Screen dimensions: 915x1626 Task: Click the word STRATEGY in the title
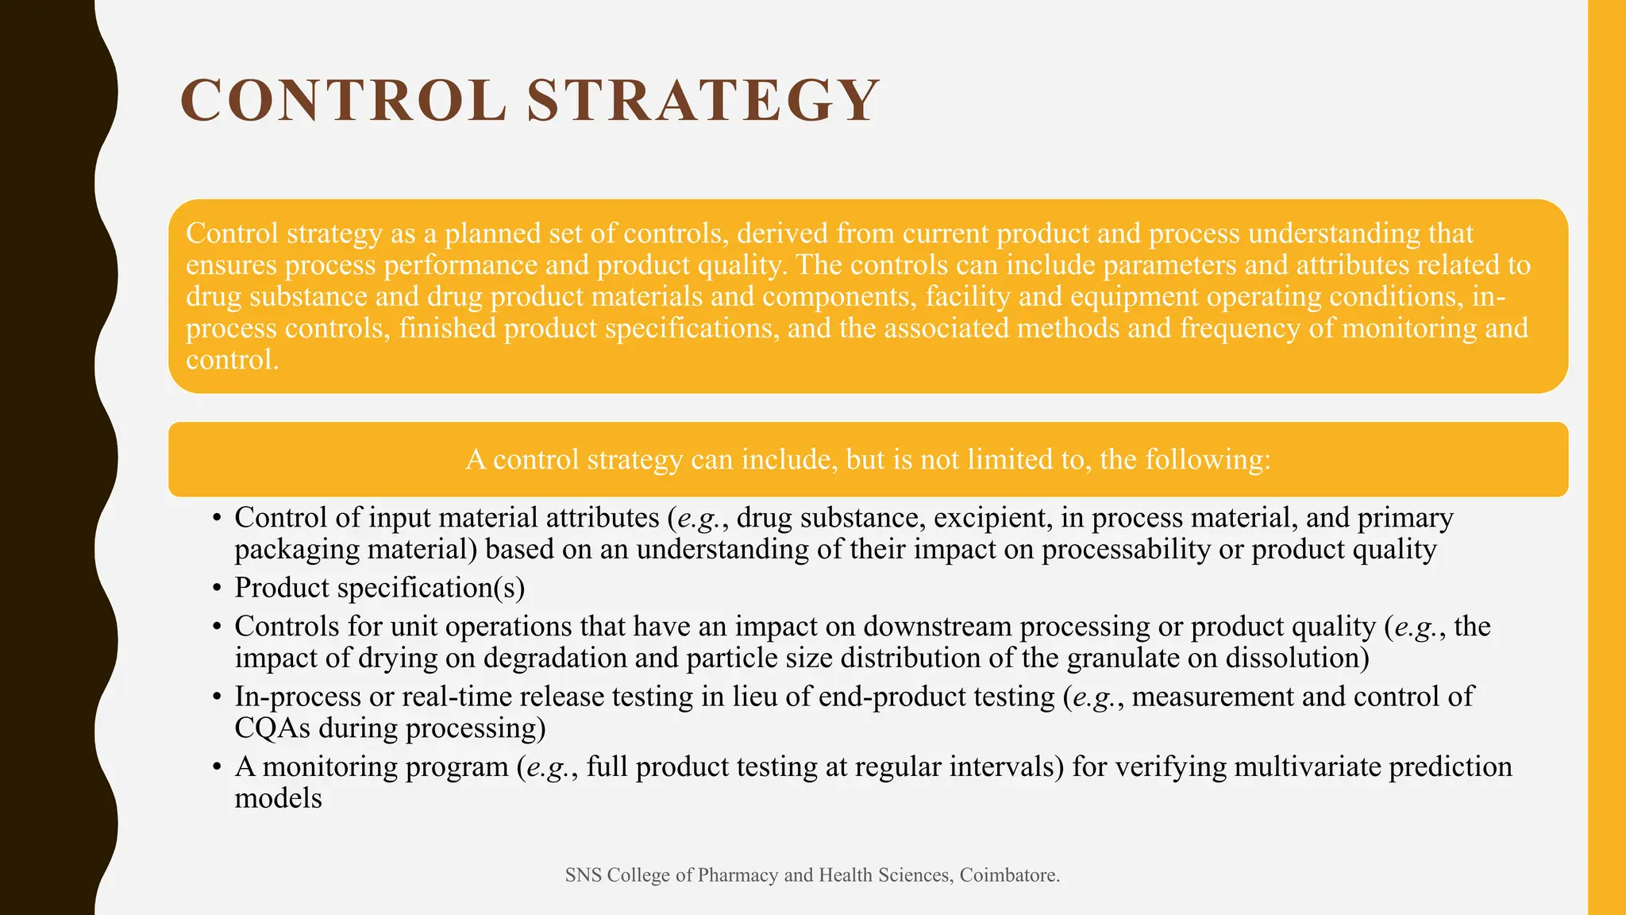click(703, 101)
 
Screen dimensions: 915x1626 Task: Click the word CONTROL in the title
click(343, 101)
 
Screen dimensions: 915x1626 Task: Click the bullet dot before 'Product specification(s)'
click(217, 589)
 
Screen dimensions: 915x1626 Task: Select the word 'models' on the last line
click(278, 798)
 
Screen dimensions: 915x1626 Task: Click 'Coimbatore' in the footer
click(1007, 875)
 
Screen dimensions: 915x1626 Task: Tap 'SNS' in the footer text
click(583, 875)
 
